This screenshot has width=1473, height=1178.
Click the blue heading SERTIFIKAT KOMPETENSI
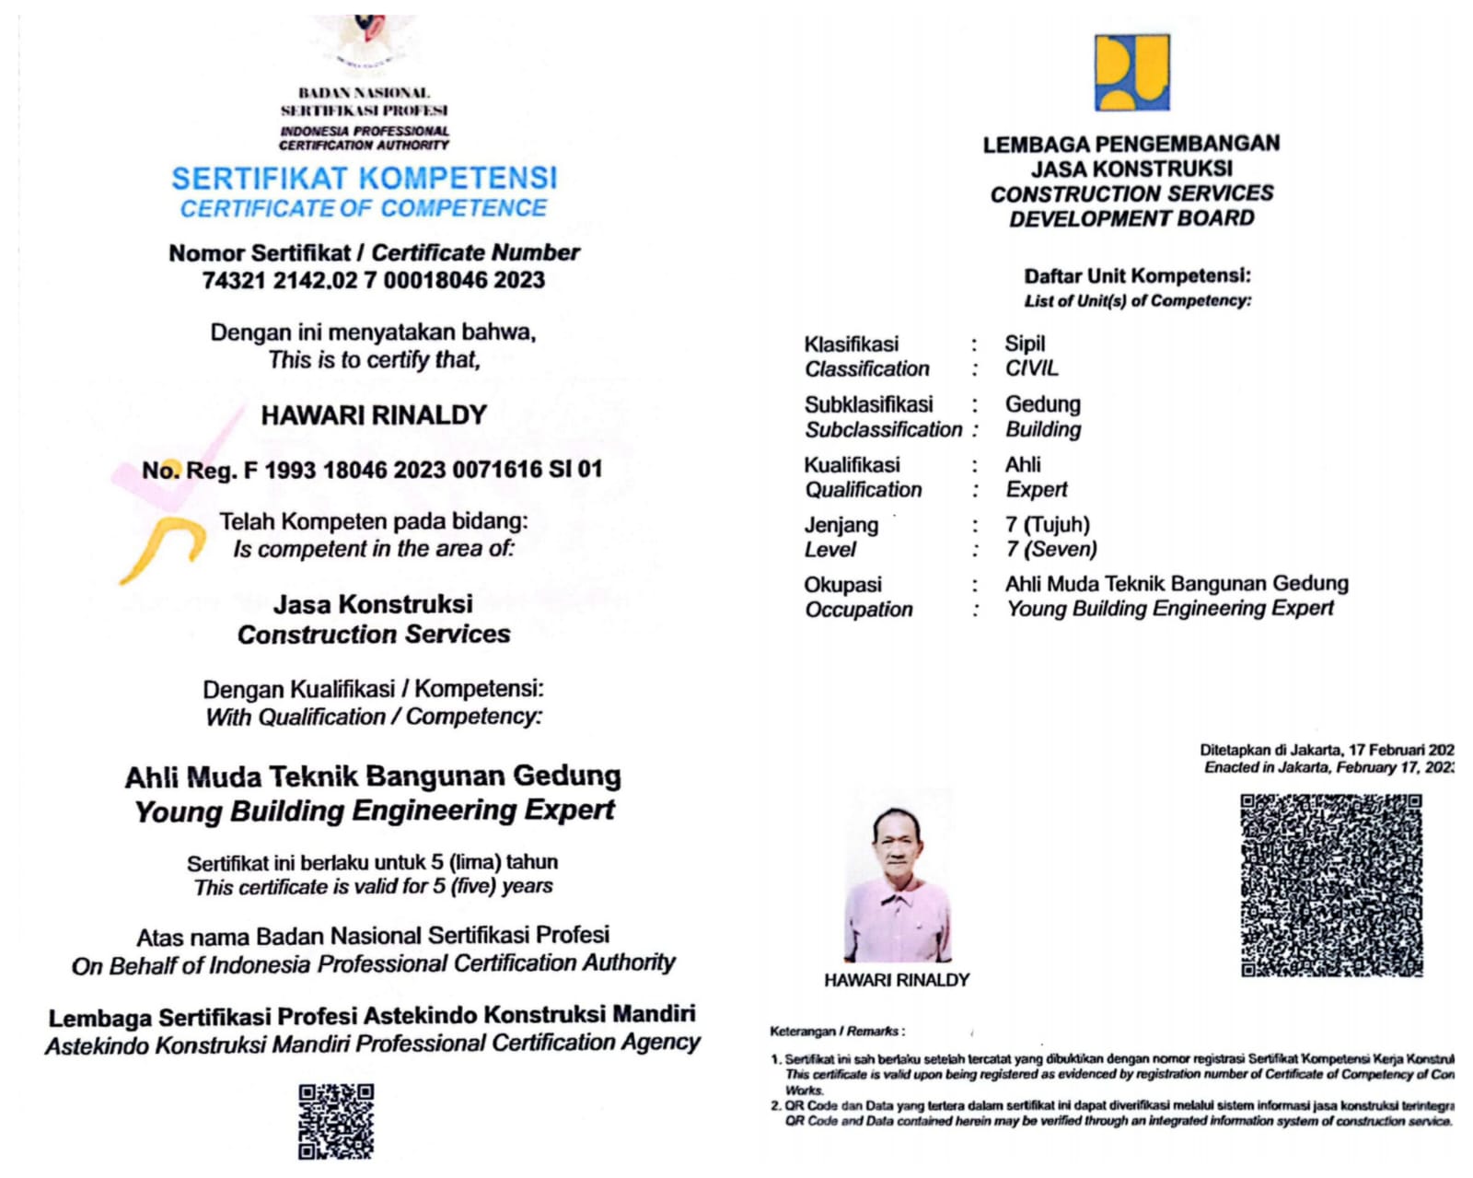(x=364, y=178)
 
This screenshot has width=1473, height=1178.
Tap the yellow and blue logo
(x=1131, y=72)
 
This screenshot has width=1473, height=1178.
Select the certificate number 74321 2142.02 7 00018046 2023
(x=373, y=280)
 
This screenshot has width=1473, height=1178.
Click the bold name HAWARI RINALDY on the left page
(x=373, y=415)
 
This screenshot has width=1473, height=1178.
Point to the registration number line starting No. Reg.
(x=372, y=470)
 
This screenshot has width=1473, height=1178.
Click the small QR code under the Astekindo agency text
(x=336, y=1121)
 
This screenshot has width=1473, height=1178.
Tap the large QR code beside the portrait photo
(x=1331, y=884)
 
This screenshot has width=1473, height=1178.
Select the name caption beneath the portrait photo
(x=897, y=980)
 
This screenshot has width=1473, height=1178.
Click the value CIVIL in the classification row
(x=1031, y=368)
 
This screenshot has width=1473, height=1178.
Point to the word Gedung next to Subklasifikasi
(x=1042, y=404)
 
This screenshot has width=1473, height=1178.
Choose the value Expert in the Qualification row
(x=1037, y=489)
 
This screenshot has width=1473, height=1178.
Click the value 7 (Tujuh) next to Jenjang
(x=1047, y=525)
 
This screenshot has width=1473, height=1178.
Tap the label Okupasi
(x=842, y=585)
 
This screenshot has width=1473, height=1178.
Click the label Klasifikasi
(x=851, y=344)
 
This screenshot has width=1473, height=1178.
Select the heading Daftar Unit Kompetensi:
(x=1137, y=276)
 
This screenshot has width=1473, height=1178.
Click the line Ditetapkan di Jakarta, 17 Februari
(x=1326, y=750)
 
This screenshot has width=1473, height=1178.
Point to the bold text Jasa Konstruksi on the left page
(x=373, y=604)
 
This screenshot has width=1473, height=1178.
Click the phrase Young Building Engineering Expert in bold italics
(x=374, y=811)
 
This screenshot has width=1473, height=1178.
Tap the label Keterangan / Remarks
(x=837, y=1032)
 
